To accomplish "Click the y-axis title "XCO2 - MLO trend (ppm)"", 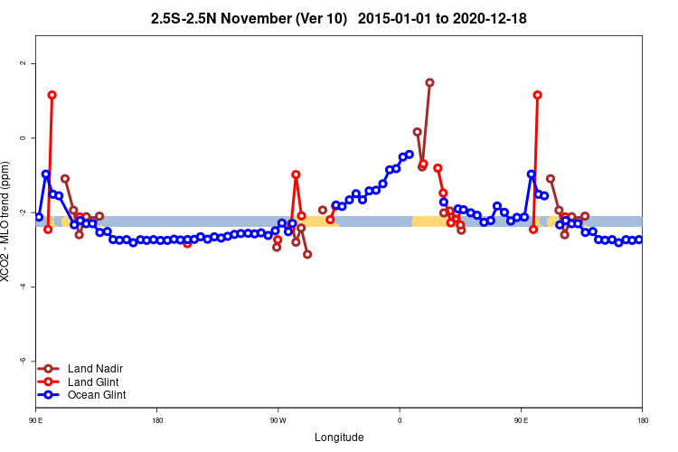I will (x=8, y=221).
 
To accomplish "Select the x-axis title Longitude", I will (x=339, y=438).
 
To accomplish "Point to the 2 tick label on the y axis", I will (x=24, y=63).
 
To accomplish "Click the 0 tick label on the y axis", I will (x=24, y=137).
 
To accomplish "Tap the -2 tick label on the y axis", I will (x=24, y=212).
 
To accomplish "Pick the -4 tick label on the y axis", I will (x=24, y=286).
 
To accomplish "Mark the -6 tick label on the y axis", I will (x=24, y=360).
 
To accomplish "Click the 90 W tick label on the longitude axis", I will (x=278, y=420).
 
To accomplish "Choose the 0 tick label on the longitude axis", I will (x=400, y=420).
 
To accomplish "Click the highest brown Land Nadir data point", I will (x=429, y=82).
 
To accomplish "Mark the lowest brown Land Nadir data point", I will (x=307, y=254).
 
